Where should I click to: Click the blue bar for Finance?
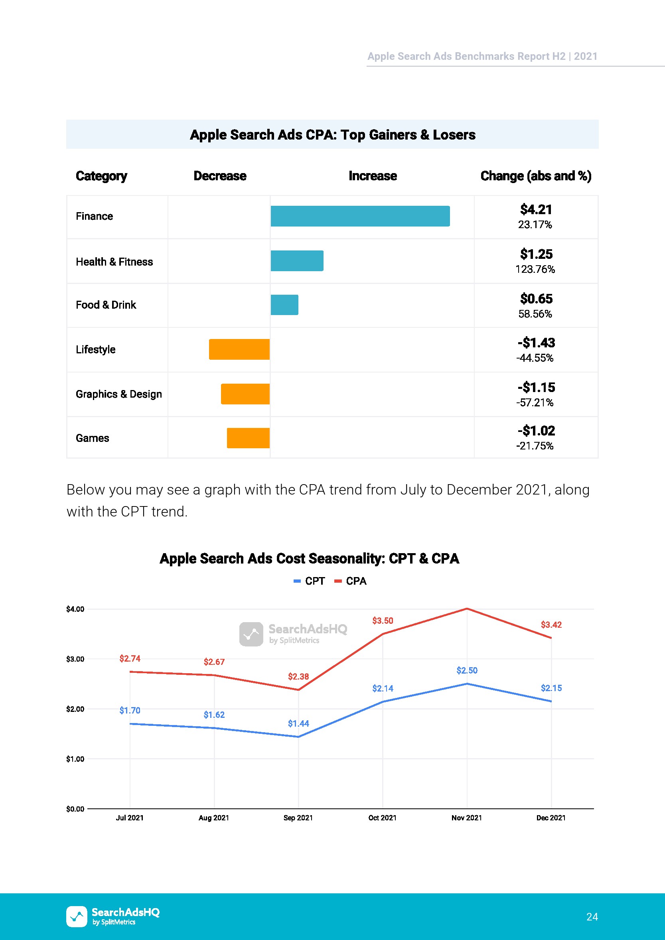(360, 216)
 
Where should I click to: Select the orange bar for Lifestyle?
(239, 349)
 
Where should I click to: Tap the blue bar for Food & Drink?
(284, 305)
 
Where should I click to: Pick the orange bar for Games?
(248, 438)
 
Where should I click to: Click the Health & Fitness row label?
(114, 262)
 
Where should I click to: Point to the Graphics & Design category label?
(119, 394)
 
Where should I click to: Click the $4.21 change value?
(536, 210)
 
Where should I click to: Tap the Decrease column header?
(220, 176)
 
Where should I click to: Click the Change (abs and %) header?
(536, 176)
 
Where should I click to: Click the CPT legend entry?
(310, 581)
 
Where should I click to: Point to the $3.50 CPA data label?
(383, 621)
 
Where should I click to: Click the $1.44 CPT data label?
(298, 723)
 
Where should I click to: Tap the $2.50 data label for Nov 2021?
(467, 670)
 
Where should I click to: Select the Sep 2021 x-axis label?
(298, 818)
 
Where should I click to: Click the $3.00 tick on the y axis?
(75, 659)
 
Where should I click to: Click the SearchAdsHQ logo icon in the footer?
(77, 916)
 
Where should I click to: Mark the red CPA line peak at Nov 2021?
(467, 609)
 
